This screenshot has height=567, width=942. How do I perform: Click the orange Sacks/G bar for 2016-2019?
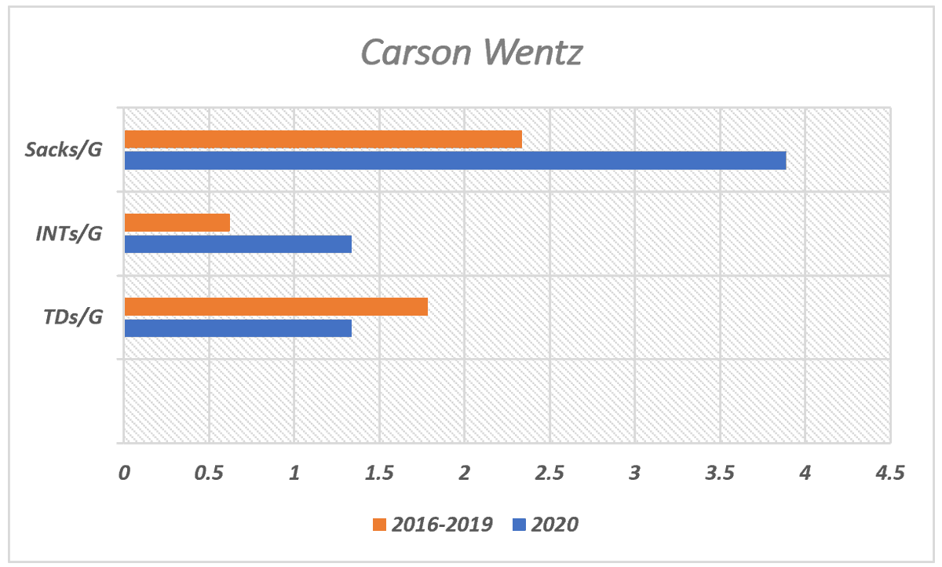(323, 139)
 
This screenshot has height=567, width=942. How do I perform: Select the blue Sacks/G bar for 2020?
(455, 160)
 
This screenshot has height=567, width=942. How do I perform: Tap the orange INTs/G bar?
(177, 223)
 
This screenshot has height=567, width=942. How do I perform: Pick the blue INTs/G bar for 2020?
(238, 244)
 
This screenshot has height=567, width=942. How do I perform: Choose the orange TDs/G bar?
(276, 306)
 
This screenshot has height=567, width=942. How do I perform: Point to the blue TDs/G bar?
(238, 327)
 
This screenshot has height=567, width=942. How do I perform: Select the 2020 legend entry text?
(554, 525)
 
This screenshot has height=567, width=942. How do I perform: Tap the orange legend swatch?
(380, 525)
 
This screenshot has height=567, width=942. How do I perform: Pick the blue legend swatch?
(517, 525)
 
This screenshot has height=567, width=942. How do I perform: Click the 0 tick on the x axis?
(124, 474)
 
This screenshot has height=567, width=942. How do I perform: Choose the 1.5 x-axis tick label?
(379, 474)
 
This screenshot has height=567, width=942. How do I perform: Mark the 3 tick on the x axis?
(635, 474)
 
